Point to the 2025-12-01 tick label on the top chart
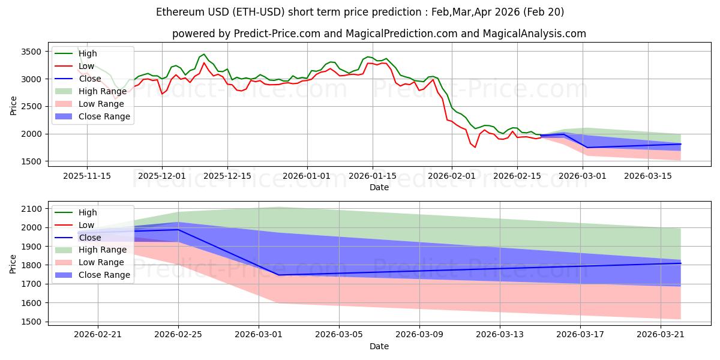pyautogui.click(x=161, y=176)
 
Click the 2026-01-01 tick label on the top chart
pyautogui.click(x=307, y=176)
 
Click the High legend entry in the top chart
pyautogui.click(x=88, y=54)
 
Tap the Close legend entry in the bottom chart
pyautogui.click(x=90, y=238)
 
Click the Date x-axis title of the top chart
pyautogui.click(x=379, y=187)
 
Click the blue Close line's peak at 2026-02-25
pyautogui.click(x=178, y=230)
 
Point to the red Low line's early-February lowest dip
pyautogui.click(x=475, y=147)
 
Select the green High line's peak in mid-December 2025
pyautogui.click(x=204, y=55)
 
